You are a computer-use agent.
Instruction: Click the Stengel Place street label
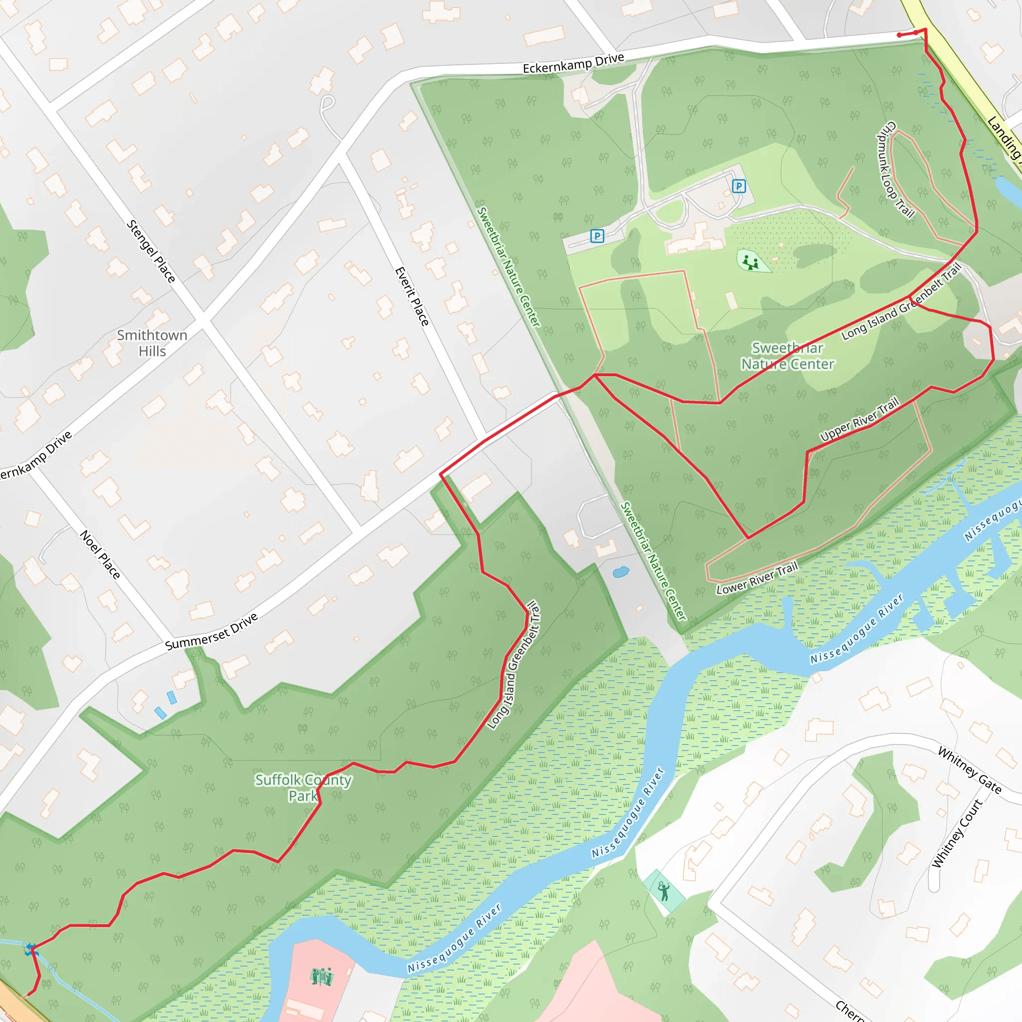[151, 252]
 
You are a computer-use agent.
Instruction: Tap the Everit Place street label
[412, 296]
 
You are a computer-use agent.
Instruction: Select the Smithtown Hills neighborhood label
[152, 343]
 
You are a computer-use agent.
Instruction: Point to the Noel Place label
[100, 554]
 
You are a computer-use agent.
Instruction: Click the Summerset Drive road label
[212, 632]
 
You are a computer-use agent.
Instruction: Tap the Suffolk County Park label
[303, 787]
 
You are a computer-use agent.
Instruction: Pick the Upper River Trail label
[859, 420]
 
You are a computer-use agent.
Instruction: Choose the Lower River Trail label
[757, 579]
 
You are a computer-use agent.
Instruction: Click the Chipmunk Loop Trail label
[896, 169]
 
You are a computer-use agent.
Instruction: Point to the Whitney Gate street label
[970, 770]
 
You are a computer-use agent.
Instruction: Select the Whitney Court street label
[958, 833]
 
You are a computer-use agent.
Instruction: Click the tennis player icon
[664, 890]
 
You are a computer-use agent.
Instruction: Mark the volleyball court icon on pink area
[322, 977]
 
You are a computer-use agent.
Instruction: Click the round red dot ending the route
[899, 35]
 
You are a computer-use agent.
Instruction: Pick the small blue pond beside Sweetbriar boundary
[620, 572]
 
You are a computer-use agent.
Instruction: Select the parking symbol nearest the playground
[739, 186]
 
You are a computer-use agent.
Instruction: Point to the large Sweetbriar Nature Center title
[787, 356]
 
